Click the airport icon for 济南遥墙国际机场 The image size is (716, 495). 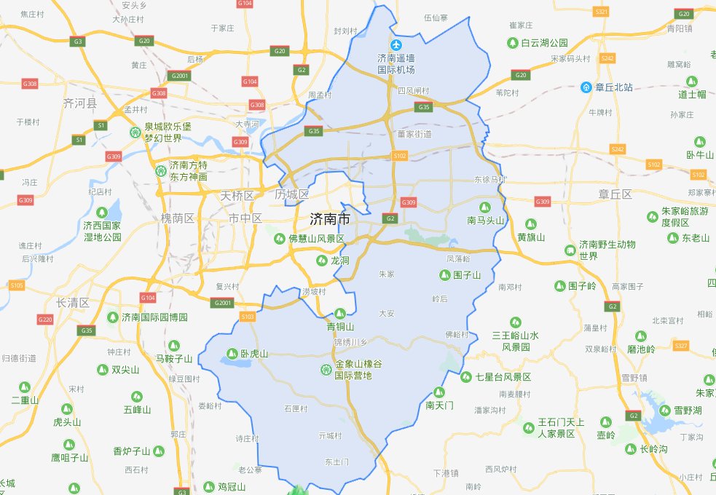396,44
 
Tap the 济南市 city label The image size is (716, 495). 329,218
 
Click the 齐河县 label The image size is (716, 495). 80,103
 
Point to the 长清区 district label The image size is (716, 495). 72,303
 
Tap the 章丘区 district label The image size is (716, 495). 615,194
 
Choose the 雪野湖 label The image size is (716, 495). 687,411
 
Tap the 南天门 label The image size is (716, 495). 439,405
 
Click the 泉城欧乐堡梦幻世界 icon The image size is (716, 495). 135,132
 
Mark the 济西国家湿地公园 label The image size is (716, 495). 102,231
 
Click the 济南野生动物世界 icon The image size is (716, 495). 570,250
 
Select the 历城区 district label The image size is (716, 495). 292,195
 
